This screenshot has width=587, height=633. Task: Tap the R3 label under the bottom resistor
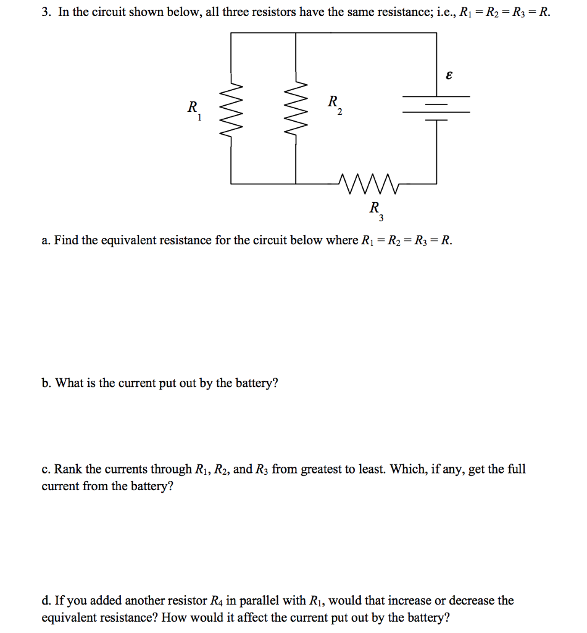tap(377, 210)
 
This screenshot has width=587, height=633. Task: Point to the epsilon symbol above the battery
tap(449, 75)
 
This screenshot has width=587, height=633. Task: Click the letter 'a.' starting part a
tap(46, 240)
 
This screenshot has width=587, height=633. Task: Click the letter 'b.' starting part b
tap(46, 383)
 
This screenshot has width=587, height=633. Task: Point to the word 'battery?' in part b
tap(254, 383)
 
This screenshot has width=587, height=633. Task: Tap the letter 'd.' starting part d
tap(46, 600)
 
